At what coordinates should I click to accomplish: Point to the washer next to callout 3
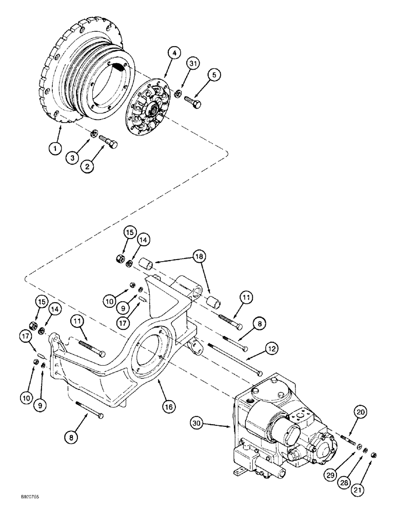click(x=93, y=134)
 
